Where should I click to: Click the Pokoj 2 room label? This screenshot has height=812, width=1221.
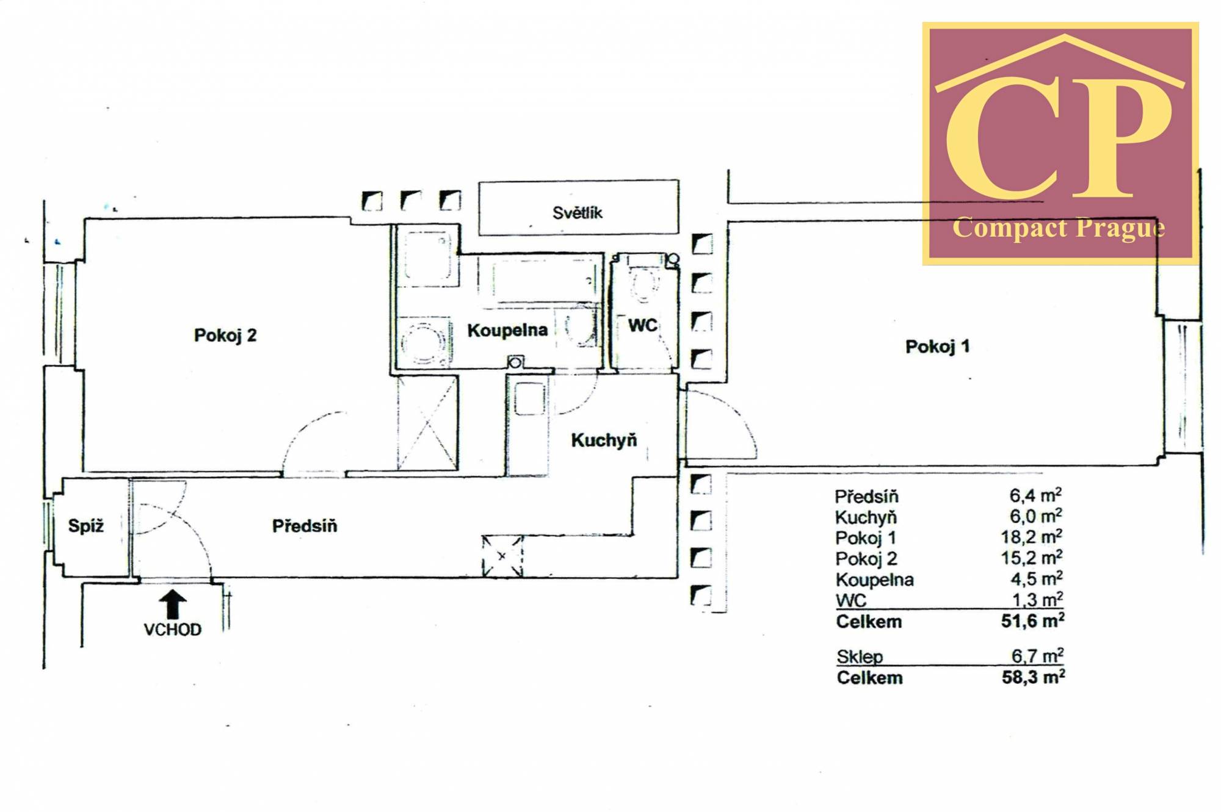pos(225,336)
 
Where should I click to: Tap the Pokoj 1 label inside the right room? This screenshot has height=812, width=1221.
pos(937,347)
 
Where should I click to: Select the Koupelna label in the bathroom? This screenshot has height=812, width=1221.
pos(507,331)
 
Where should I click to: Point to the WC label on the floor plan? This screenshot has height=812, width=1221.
pos(642,325)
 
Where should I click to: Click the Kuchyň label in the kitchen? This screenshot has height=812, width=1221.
pos(604,440)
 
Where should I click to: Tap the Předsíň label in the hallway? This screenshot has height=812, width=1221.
pos(304,525)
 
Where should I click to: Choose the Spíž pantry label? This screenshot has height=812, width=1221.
pos(86,525)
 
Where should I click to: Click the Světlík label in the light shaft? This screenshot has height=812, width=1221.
pos(577,212)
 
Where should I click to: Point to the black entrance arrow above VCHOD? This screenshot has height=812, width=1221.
pos(173,605)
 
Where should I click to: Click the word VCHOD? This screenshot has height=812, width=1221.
pos(173,630)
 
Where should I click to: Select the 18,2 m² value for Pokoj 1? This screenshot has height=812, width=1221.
pos(1035,537)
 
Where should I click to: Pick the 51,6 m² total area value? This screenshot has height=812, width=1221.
pos(1033,620)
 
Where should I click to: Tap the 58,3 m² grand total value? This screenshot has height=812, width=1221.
pos(1034,677)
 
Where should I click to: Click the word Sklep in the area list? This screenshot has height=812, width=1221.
pos(860,657)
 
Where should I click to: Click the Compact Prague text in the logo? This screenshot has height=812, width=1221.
pos(1059,228)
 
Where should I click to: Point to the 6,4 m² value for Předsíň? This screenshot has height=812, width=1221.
pos(1035,495)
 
